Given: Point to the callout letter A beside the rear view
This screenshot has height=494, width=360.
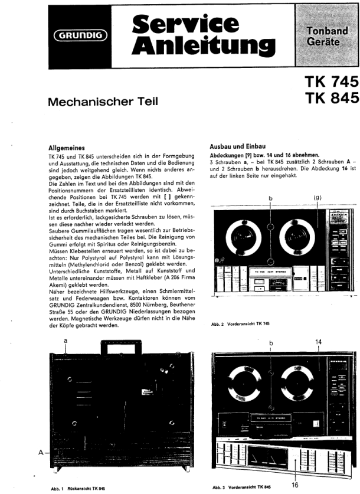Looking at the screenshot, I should pyautogui.click(x=41, y=452).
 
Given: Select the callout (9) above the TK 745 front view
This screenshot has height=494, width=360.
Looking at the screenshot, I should pyautogui.click(x=317, y=198).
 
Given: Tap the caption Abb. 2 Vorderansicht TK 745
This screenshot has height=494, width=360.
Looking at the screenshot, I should pyautogui.click(x=241, y=324).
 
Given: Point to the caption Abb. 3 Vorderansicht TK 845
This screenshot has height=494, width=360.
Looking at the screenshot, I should pyautogui.click(x=240, y=488).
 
